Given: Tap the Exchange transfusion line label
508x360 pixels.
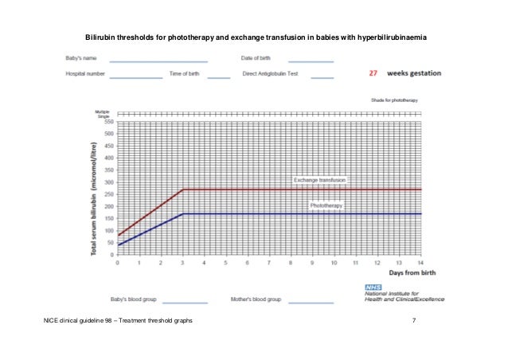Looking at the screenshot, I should coord(319,181).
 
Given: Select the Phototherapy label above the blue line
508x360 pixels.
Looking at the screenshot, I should coord(326,205).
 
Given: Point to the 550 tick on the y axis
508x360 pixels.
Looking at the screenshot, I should coord(107,122).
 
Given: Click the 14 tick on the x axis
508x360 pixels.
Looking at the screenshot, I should coord(420,262).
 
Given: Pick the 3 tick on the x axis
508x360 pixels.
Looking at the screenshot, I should coord(183,262).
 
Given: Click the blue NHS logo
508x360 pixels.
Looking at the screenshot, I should coord(373,286).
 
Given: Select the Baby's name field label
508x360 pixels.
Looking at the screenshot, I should coord(81,58).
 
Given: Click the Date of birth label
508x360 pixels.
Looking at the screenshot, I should coord(256,58).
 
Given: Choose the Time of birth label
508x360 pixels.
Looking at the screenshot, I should coord(185,74).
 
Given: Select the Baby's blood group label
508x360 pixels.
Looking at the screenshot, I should coord(133,299).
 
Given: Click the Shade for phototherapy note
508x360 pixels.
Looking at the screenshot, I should coord(394,101).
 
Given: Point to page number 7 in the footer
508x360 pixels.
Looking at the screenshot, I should coord(414,320).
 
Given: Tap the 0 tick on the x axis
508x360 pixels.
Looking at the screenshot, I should coord(119,262).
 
